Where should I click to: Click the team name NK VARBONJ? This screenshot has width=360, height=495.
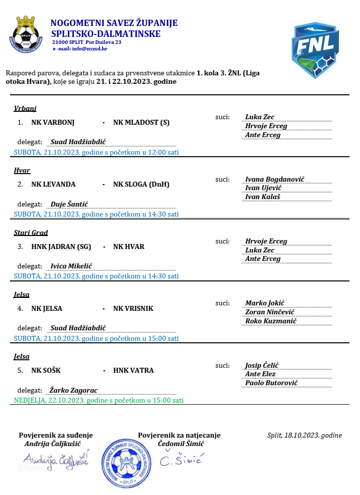53,122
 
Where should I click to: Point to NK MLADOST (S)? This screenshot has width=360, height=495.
141,122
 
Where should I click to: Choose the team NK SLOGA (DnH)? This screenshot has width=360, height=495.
141,184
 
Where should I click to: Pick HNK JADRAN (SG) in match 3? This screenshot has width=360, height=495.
61,246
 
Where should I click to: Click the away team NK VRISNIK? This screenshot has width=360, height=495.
133,308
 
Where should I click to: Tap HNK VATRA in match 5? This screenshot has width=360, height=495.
133,370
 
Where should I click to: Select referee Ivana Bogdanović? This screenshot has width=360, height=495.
275,179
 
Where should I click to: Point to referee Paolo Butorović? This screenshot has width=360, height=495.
271,383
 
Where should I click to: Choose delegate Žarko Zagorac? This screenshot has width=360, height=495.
74,390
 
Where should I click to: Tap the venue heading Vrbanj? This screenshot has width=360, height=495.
25,109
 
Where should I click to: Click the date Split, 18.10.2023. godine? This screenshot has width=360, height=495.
305,436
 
